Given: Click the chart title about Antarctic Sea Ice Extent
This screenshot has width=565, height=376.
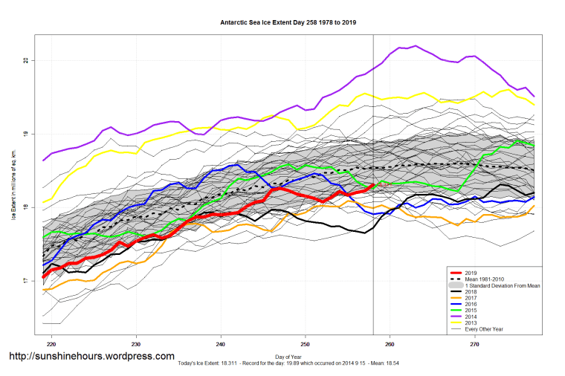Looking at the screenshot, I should [x=288, y=22].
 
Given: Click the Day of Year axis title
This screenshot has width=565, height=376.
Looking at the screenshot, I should [x=288, y=358].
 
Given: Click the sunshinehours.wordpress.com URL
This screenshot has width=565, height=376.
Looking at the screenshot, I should [x=91, y=356].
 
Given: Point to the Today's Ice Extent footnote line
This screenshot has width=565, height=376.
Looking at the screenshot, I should [x=288, y=365].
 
